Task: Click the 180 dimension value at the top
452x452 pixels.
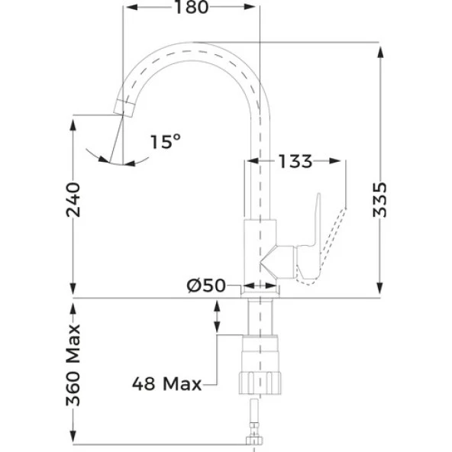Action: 191,8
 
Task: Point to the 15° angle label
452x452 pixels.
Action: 165,141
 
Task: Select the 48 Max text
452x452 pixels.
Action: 166,383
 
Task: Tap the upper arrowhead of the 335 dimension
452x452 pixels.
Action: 380,47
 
